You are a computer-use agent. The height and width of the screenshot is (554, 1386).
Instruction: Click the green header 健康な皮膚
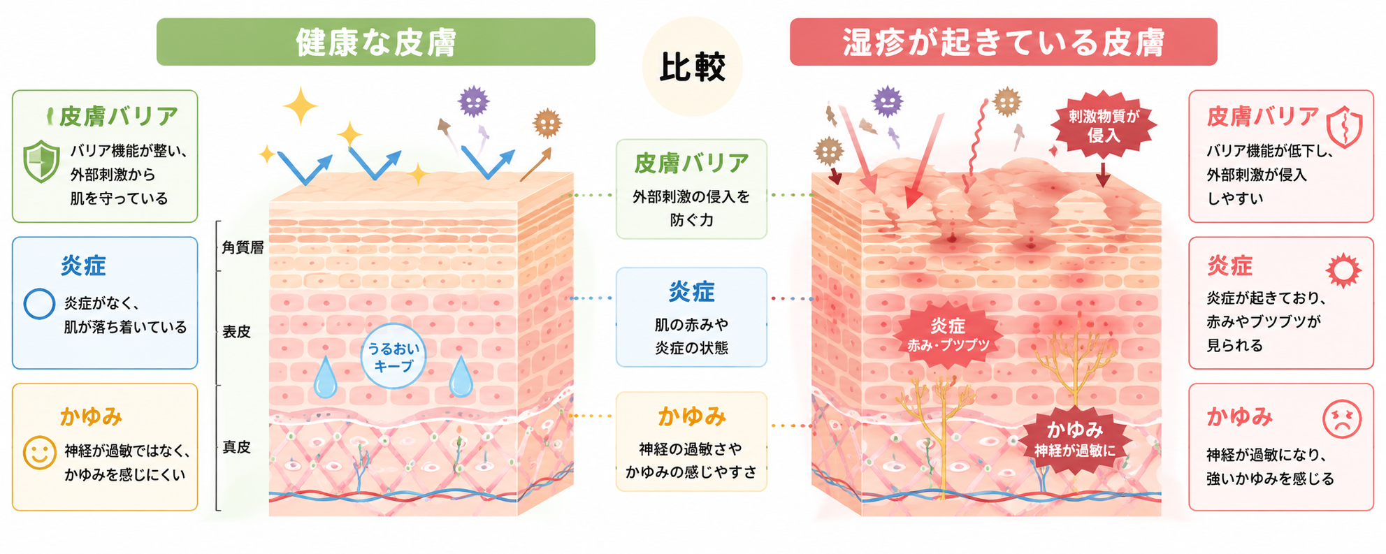pyautogui.click(x=376, y=42)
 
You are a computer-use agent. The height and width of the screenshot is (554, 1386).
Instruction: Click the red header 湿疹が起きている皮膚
pyautogui.click(x=1003, y=42)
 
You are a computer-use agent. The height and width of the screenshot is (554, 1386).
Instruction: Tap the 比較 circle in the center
pyautogui.click(x=692, y=67)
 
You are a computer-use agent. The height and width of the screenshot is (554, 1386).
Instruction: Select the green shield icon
pyautogui.click(x=41, y=161)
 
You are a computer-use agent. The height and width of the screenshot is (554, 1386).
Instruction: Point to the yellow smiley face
pyautogui.click(x=40, y=453)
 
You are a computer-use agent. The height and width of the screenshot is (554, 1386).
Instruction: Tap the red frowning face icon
pyautogui.click(x=1342, y=419)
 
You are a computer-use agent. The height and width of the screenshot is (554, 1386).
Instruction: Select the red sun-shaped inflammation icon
pyautogui.click(x=1343, y=271)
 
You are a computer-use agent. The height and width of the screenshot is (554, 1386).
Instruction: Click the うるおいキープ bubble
pyautogui.click(x=394, y=356)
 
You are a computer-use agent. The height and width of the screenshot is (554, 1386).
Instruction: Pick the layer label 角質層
pyautogui.click(x=243, y=247)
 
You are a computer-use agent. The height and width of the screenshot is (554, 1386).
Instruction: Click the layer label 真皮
pyautogui.click(x=236, y=447)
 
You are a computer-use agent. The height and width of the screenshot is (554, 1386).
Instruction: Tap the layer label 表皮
pyautogui.click(x=236, y=332)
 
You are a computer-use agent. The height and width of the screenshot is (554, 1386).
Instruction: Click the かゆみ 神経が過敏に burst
pyautogui.click(x=1075, y=439)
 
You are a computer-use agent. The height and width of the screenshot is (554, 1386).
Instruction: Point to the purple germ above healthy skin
pyautogui.click(x=473, y=101)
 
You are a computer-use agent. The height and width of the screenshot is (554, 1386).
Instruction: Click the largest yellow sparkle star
pyautogui.click(x=301, y=106)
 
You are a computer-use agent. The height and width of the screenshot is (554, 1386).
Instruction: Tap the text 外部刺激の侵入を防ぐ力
pyautogui.click(x=691, y=208)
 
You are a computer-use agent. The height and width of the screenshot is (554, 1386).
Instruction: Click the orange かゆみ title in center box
pyautogui.click(x=691, y=416)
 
